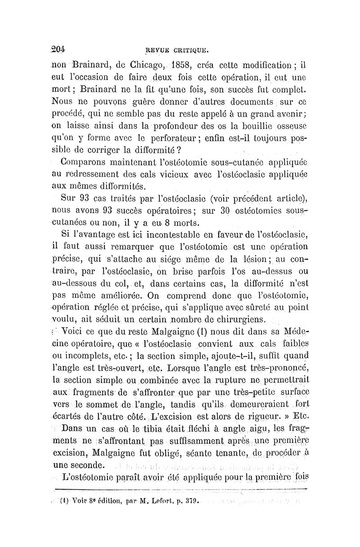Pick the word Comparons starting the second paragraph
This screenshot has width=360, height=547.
coord(82,161)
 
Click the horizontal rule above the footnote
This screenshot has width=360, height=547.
coord(180,488)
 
